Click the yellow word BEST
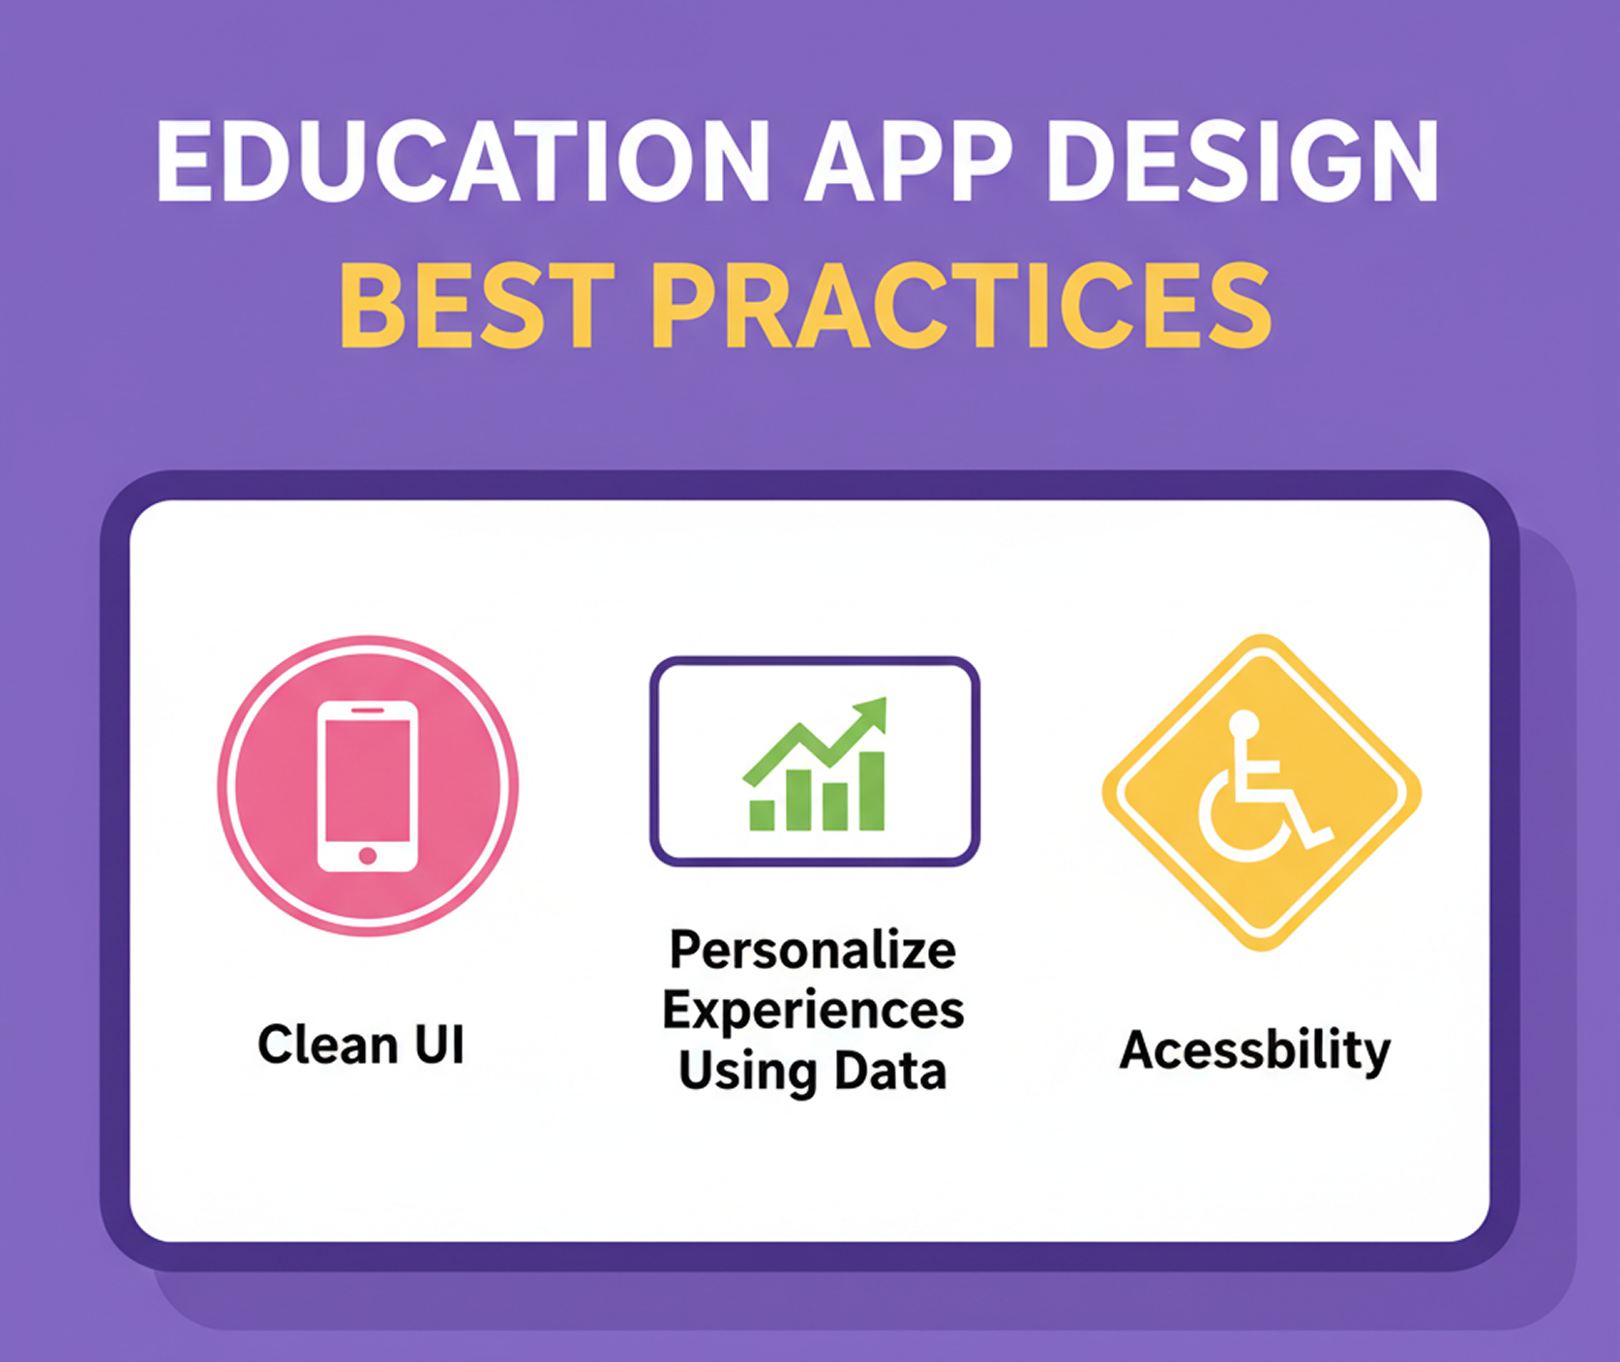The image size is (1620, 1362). pos(476,306)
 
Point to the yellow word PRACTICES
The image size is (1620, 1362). pos(960,306)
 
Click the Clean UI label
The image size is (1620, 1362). pos(361,1045)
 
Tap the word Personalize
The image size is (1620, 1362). pos(813,950)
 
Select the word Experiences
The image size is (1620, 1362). pos(813,1010)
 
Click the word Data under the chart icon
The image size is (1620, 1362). pos(890,1072)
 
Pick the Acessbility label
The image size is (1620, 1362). pos(1255,1050)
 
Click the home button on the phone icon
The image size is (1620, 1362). pos(368,856)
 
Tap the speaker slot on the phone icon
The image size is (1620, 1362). pos(368,711)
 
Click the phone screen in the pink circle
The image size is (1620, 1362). pos(368,780)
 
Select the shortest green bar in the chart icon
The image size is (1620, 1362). pos(762,815)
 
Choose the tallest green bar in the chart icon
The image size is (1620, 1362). pos(871,791)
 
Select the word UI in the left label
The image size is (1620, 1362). pos(439,1045)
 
